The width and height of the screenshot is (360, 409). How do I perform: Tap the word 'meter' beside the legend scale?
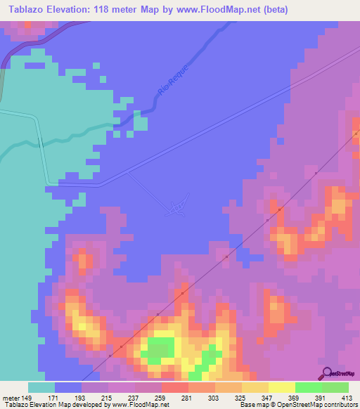[10, 398]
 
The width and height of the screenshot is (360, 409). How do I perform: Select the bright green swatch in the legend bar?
[308, 387]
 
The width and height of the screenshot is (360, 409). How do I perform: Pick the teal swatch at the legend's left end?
[41, 387]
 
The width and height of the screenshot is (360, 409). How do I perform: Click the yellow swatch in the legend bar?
[281, 387]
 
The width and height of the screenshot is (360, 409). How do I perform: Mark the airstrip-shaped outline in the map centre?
[176, 206]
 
